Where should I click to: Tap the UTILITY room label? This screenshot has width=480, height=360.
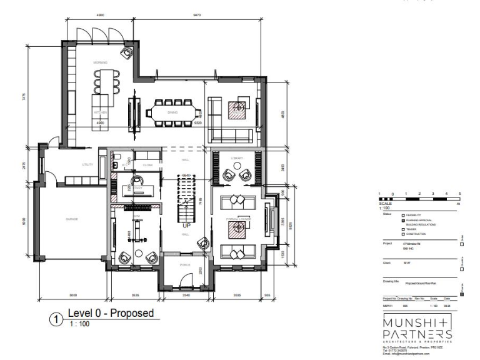coord(87,165)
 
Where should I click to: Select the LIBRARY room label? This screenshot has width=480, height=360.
coord(236,158)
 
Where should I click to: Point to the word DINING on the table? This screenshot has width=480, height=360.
coord(172,113)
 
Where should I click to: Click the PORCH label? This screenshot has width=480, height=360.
coord(184,265)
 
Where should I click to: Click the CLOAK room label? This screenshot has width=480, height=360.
coord(147,165)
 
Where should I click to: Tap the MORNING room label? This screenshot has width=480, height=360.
coord(100,62)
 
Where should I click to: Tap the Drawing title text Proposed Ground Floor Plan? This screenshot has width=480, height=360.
coord(413,283)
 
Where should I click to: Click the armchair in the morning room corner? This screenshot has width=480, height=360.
coord(127,53)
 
